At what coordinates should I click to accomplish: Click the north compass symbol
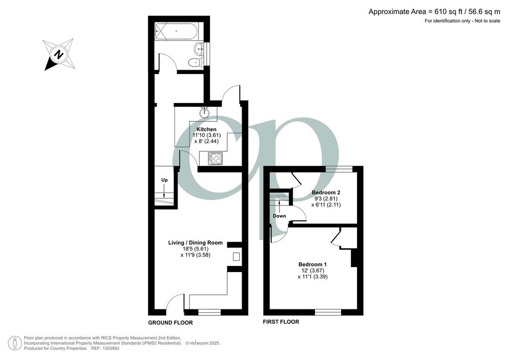tap(60, 54)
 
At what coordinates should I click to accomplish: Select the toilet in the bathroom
tap(195, 62)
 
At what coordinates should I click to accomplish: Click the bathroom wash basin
tap(200, 48)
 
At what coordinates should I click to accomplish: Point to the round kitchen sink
tap(205, 113)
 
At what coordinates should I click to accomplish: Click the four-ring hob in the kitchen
tap(215, 158)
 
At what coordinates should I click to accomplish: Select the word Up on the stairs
tap(164, 180)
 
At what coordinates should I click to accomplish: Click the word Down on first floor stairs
tap(279, 216)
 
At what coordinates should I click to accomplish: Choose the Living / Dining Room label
tap(195, 243)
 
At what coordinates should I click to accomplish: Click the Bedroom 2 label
tap(326, 192)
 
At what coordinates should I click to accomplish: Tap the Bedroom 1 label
tap(313, 264)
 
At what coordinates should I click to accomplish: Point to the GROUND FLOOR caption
tap(170, 323)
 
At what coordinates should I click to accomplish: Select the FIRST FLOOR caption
tap(281, 322)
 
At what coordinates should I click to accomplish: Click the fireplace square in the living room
tap(236, 257)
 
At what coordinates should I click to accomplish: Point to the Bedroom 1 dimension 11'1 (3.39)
tap(313, 276)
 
